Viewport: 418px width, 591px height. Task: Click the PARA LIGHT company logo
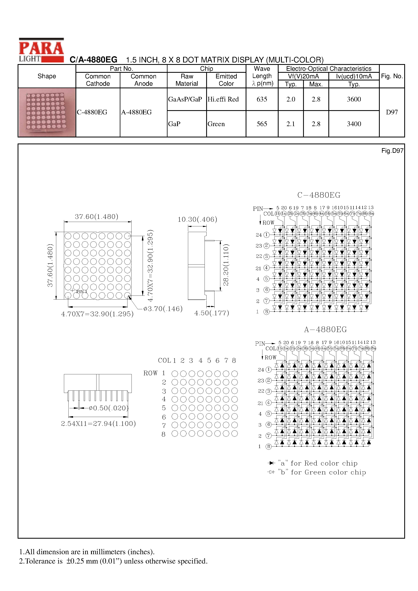click(41, 50)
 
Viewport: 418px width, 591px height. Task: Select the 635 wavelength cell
click(262, 99)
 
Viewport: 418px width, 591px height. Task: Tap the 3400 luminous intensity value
click(354, 124)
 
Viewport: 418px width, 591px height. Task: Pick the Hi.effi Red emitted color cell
click(223, 99)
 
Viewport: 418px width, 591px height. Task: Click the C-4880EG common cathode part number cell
click(92, 112)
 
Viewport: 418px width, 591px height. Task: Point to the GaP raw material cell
click(174, 124)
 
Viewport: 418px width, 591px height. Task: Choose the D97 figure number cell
click(392, 112)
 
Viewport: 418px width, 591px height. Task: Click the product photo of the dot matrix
click(47, 112)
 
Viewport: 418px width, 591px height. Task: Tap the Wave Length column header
click(262, 76)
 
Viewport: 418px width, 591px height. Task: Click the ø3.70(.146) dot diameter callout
click(163, 309)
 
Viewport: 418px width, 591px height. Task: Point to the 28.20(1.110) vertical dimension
click(226, 265)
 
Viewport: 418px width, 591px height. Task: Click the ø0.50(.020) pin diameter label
click(108, 408)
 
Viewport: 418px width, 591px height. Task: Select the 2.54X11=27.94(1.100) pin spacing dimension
click(98, 424)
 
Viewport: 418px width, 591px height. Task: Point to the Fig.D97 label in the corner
click(392, 151)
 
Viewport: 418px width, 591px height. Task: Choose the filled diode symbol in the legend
click(271, 463)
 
